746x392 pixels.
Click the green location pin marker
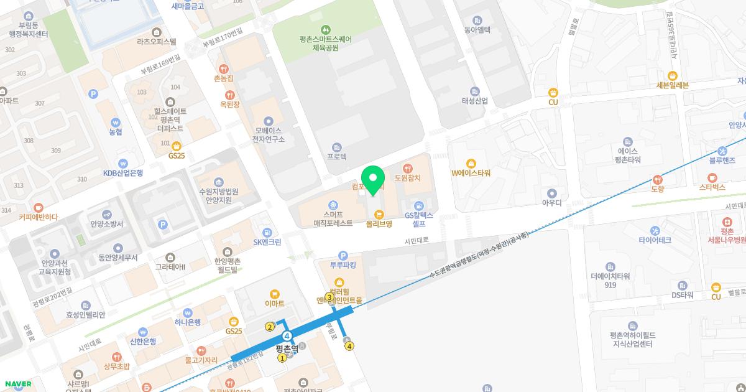tap(373, 180)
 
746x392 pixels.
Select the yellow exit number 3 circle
tap(329, 297)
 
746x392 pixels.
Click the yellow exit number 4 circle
tap(350, 346)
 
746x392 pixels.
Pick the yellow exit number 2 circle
tap(270, 327)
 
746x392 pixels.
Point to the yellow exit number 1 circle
tap(282, 358)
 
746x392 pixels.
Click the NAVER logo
tap(17, 384)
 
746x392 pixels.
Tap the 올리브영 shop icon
tap(378, 214)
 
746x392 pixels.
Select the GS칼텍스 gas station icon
tap(419, 206)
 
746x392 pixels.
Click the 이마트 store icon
tap(274, 294)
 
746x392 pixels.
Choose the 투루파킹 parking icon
tap(343, 255)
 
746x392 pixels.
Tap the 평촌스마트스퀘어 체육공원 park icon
tap(325, 29)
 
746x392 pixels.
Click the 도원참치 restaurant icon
tap(407, 168)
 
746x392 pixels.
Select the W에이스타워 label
tap(471, 172)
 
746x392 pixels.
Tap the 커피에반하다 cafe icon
tap(38, 207)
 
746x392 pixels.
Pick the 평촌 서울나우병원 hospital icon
tap(726, 223)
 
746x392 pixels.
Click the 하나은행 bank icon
tap(187, 312)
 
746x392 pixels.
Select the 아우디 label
tap(551, 202)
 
